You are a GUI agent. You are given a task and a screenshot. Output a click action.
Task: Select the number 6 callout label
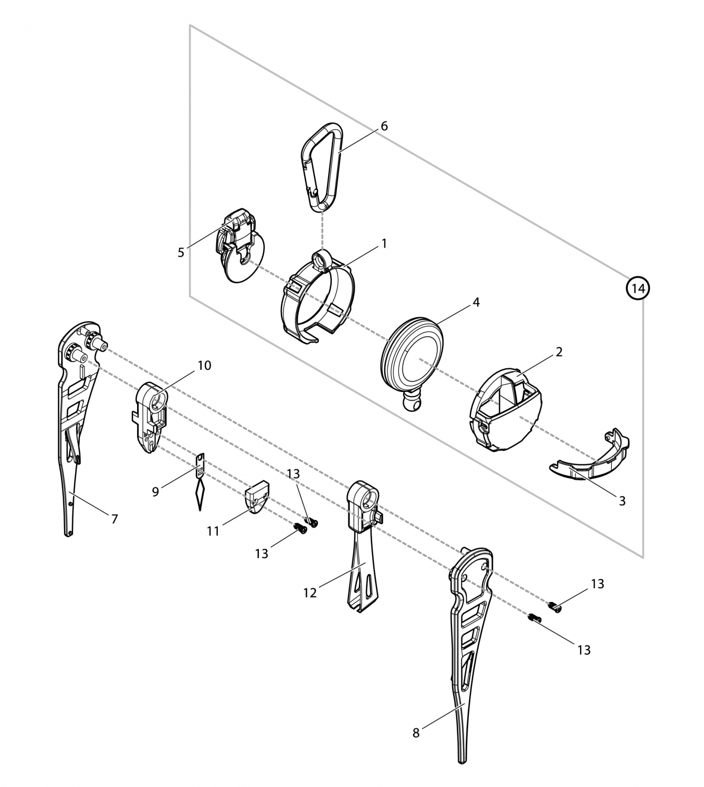384,126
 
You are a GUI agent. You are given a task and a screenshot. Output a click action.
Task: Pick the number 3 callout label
622,501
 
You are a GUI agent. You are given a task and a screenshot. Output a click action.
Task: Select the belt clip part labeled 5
239,244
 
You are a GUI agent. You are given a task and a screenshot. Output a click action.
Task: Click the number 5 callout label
181,252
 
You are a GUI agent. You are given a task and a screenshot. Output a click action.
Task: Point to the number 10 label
204,366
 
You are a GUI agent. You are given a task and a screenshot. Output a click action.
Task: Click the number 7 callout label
114,519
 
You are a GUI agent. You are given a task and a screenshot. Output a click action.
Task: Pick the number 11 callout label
213,531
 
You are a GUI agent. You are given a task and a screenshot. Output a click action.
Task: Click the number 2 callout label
559,352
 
